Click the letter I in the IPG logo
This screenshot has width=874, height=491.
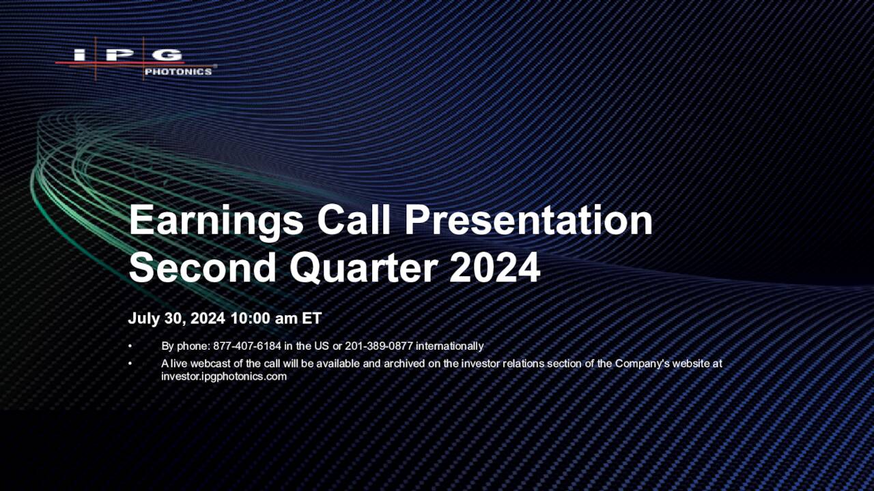[80, 55]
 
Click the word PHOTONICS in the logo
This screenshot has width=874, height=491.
[178, 72]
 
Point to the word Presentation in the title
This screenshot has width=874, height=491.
[528, 220]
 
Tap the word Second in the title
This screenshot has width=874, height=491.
[203, 267]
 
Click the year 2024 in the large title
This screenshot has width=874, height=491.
[495, 267]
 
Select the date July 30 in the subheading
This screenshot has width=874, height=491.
[157, 318]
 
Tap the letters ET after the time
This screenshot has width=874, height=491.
[311, 318]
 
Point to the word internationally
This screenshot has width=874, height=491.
[449, 346]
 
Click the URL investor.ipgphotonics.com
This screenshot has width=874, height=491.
[224, 376]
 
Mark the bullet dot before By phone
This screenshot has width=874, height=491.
[130, 346]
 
